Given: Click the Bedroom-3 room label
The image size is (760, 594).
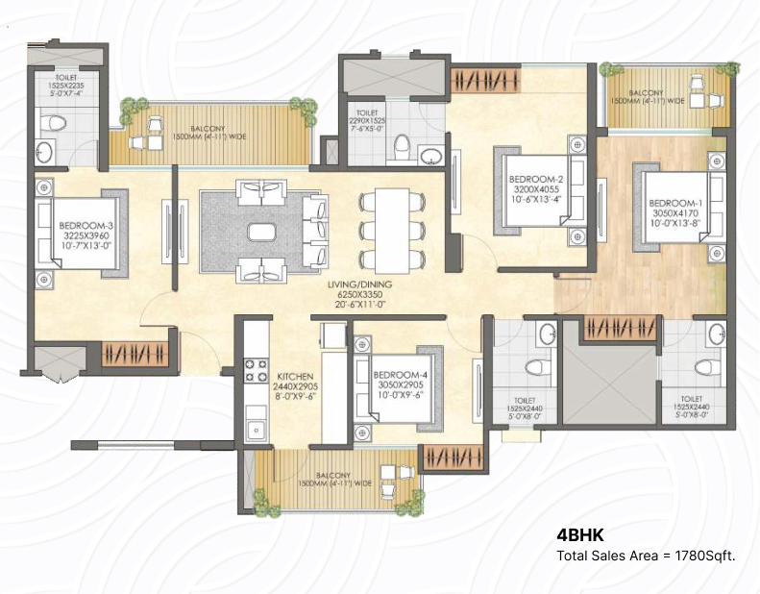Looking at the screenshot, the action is [86, 226].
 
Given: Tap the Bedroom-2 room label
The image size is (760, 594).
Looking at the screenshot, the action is [536, 180].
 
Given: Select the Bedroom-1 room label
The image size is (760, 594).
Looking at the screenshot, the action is [675, 203].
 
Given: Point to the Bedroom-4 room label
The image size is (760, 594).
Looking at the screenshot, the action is [401, 375].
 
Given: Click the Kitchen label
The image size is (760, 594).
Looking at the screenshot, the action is [295, 376].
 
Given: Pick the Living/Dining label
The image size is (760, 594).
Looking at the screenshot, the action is [359, 285].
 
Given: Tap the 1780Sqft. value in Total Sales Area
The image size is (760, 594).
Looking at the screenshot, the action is [705, 556].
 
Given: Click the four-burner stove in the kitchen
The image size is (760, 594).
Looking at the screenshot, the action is [256, 370].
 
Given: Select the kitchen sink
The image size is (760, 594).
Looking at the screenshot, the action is [256, 429].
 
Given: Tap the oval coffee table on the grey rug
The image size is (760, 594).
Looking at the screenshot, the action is [261, 232].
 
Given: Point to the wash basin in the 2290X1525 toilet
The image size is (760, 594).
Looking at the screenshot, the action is [430, 156].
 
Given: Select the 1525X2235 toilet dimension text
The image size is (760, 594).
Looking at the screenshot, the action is [66, 85].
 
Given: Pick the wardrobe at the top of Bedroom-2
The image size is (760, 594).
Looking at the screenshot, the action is [485, 81].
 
